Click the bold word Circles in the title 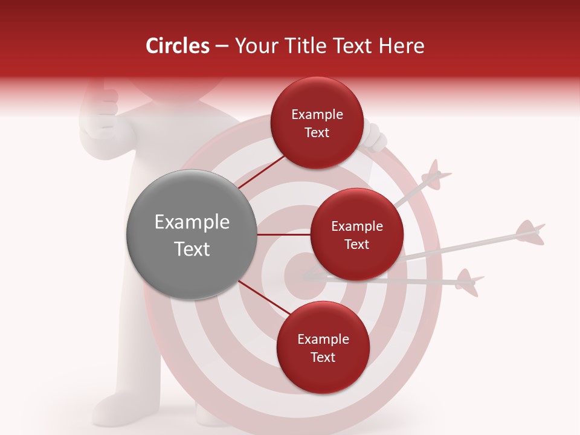pyautogui.click(x=177, y=46)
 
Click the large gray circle pyautogui.click(x=192, y=234)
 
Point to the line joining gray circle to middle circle pyautogui.click(x=283, y=234)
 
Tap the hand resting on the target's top pyautogui.click(x=375, y=138)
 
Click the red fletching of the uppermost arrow pyautogui.click(x=435, y=175)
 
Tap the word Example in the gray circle pyautogui.click(x=192, y=222)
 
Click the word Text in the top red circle pyautogui.click(x=317, y=133)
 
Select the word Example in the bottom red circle pyautogui.click(x=323, y=340)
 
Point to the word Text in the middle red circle pyautogui.click(x=356, y=245)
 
